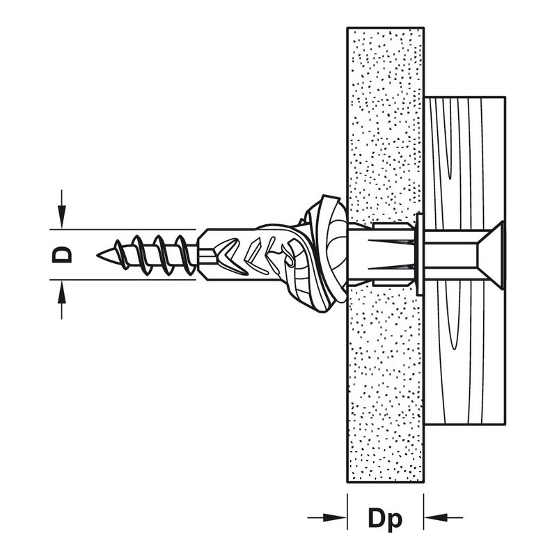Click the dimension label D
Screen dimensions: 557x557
63,254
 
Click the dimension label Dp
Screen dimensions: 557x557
385,518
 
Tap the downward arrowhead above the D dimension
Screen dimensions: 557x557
62,218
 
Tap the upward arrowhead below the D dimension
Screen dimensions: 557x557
62,290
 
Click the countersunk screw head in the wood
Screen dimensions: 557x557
492,251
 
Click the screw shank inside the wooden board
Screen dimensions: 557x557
453,252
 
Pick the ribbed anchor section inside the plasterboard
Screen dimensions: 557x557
383,252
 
